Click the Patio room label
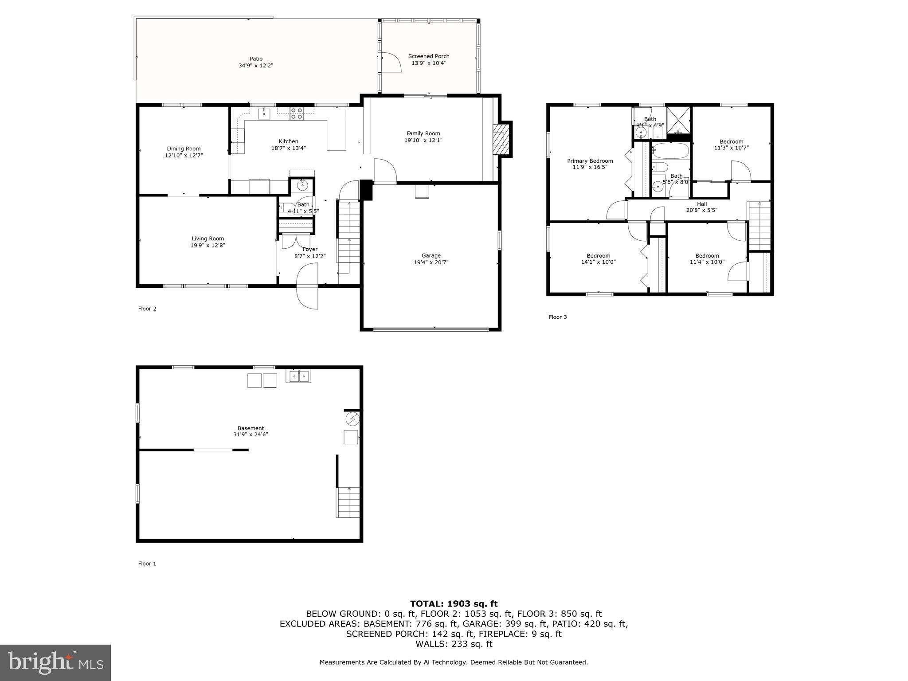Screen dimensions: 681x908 tap(256, 59)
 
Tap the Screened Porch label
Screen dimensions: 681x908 tap(429, 56)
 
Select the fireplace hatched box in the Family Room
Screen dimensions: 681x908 tap(500, 139)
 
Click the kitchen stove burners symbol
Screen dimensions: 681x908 tap(296, 113)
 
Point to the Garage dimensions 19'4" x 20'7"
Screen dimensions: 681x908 tap(431, 262)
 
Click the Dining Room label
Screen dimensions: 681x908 tap(184, 149)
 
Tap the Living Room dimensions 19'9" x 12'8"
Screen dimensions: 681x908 tap(208, 245)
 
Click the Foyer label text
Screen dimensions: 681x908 tap(310, 249)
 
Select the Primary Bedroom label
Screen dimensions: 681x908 tap(590, 161)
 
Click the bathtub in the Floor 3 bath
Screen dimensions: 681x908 tap(670, 151)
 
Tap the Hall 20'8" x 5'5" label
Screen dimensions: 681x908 tap(701, 207)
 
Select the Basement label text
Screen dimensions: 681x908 tap(250, 428)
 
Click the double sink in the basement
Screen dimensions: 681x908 tap(298, 376)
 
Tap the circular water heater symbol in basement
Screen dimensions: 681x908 tap(352, 418)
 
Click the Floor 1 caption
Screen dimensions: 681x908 tap(147, 564)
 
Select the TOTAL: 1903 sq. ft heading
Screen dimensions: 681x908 tap(454, 603)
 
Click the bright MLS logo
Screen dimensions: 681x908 tap(55, 662)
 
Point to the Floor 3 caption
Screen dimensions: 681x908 tap(557, 317)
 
